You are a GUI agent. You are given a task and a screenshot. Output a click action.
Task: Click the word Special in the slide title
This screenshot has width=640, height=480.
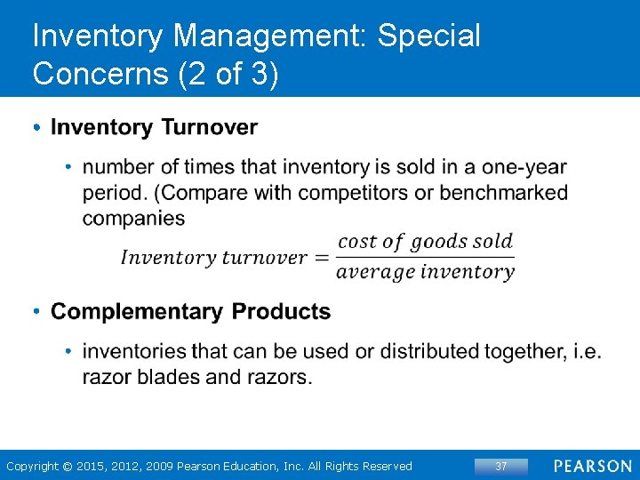coord(428,36)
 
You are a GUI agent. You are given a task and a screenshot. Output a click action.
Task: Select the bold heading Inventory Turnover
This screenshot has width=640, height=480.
coord(154,128)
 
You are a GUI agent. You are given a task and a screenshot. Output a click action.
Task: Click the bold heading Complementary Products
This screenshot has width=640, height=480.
coord(190,312)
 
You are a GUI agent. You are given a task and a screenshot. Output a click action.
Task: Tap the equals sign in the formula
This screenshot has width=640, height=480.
coord(321,258)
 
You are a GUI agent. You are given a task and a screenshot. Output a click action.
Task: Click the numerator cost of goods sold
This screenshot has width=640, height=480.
coord(426,241)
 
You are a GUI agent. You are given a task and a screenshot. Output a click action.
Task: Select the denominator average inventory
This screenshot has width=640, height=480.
coord(425,272)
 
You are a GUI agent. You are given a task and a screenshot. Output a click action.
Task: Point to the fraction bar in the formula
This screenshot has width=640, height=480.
coord(425,257)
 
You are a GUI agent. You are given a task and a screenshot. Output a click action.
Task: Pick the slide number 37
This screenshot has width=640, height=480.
coord(501,466)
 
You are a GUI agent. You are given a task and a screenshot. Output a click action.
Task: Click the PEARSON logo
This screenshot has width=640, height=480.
coord(592,466)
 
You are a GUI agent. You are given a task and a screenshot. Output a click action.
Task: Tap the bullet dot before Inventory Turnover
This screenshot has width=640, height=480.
coord(36,128)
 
